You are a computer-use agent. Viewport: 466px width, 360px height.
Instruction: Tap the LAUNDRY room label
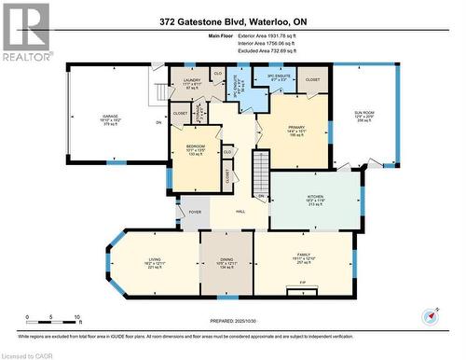(x=192, y=82)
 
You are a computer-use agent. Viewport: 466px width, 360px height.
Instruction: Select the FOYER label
(x=195, y=213)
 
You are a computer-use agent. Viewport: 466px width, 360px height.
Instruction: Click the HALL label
(x=240, y=213)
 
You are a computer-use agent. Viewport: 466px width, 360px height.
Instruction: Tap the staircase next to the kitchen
(x=261, y=172)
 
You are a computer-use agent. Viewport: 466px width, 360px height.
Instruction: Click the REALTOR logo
(x=25, y=31)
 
